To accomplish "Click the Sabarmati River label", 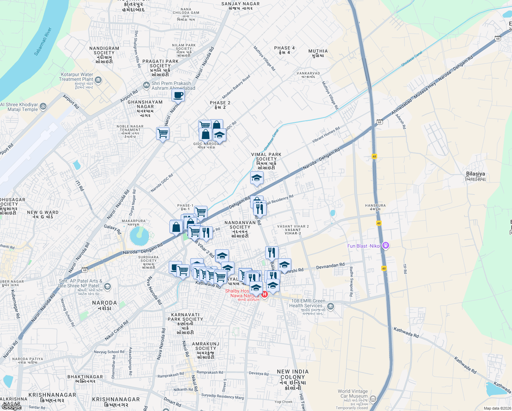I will pos(43,42).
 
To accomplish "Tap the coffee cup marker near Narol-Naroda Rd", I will pos(178,95).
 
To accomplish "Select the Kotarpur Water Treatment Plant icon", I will pos(98,80).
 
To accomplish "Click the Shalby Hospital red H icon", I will pos(264,294).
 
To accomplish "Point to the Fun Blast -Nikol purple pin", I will pos(386,245).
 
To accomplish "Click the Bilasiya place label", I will pos(475,176).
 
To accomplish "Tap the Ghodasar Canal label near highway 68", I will pos(412,59).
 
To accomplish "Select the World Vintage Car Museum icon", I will pos(373,399).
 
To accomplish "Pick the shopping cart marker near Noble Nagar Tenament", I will pos(163,133).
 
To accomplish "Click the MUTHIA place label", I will pos(318,53).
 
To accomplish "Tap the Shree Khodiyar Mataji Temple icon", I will pos(43,106).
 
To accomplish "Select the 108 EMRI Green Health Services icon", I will pos(331,306).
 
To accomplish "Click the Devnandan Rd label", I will pos(330,265).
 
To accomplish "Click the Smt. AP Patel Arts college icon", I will pos(107,286).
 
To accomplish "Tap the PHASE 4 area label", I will pos(284,50).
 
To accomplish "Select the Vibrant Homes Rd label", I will pos(326,135).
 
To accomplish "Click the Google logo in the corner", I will pos(11,407).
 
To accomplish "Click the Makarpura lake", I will pos(139,236).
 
